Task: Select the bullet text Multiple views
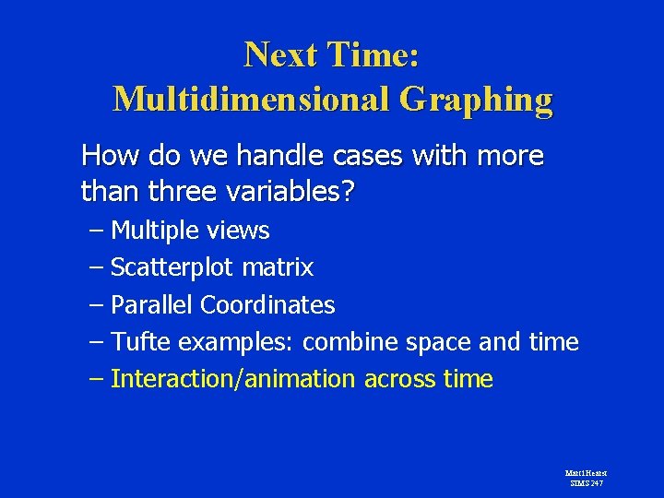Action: (x=190, y=231)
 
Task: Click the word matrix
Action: (x=278, y=267)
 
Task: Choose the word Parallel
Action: (x=152, y=304)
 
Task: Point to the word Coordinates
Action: (x=267, y=304)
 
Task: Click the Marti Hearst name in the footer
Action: (x=586, y=473)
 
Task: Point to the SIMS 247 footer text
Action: (x=586, y=482)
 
